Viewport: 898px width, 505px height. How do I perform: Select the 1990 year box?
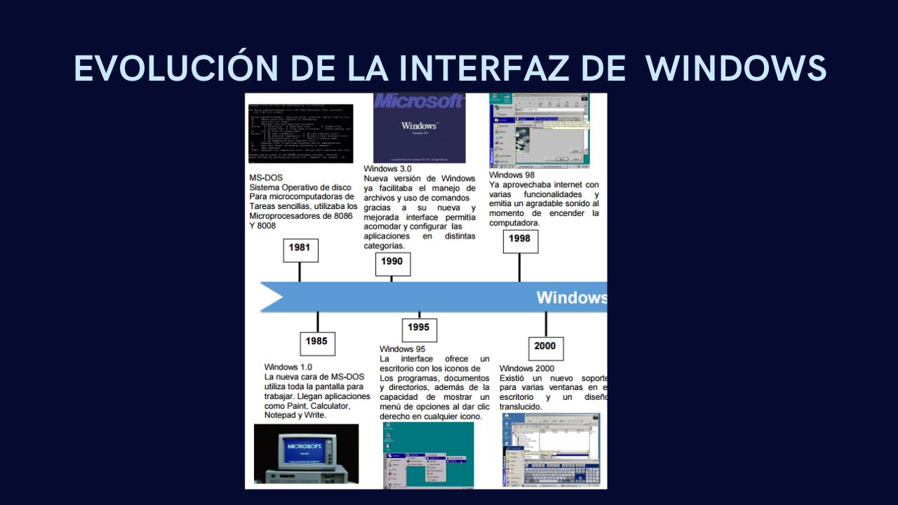point(391,262)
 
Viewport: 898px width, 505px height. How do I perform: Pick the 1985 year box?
point(316,342)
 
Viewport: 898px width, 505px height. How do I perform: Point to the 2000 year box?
point(544,346)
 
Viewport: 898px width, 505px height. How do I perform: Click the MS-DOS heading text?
point(266,178)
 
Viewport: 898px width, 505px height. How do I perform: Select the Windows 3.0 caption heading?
point(387,169)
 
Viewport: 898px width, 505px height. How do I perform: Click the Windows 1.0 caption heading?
point(288,367)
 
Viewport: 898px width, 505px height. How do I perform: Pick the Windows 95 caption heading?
point(402,349)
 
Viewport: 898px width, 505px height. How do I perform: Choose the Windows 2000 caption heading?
point(526,368)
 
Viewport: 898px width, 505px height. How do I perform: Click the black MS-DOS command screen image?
point(301,133)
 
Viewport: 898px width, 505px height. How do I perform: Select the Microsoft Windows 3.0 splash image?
point(419,128)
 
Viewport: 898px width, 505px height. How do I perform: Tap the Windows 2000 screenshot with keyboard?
point(551,449)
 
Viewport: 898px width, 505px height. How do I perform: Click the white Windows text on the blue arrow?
point(571,297)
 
